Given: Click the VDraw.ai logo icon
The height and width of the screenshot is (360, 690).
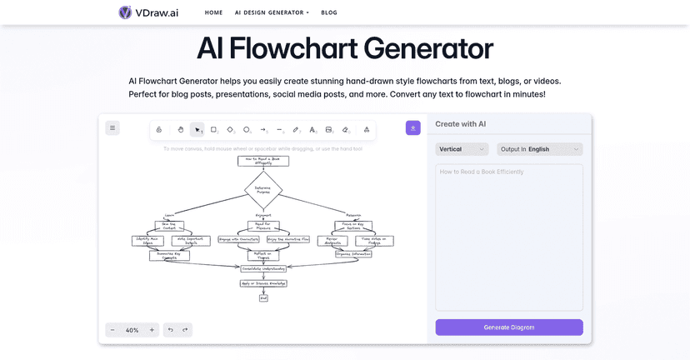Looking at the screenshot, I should coord(125,12).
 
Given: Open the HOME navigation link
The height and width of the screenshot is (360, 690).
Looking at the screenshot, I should coord(214,13).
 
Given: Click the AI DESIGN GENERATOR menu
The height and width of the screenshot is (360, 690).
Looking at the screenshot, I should coord(272,13).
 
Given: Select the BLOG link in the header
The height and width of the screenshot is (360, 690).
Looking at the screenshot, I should coord(329,13).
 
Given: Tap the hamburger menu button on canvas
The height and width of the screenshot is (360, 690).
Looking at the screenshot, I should coord(112,127).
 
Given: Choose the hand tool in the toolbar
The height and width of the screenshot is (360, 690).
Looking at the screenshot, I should coord(180,130).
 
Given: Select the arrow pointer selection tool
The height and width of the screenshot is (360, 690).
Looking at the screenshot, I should coord(197,130).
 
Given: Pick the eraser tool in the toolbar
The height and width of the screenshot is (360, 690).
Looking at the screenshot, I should coord(346,130).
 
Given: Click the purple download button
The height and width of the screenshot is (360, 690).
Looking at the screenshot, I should coord(413,127).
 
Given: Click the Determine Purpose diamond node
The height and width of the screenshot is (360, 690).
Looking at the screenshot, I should coord(262,189).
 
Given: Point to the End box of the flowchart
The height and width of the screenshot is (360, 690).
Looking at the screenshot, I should coord(263,297).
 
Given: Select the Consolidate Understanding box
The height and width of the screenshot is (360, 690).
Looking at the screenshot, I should coord(263,268).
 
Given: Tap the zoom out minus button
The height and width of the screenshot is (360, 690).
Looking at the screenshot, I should coord(112,330).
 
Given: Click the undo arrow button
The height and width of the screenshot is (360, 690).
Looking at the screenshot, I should coord(171,330).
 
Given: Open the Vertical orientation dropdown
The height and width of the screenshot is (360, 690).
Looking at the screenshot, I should coord(462,149).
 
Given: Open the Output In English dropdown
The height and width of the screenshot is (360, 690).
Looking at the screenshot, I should coord(539,149).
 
